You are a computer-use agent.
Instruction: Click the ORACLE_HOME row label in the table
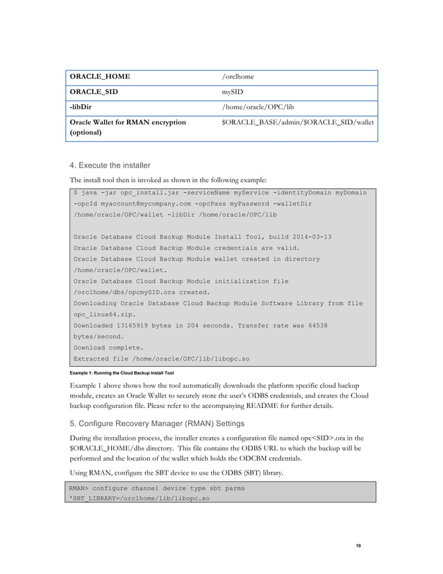[x=99, y=76]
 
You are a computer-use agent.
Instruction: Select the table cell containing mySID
[x=233, y=91]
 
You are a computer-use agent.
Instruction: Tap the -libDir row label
[x=82, y=106]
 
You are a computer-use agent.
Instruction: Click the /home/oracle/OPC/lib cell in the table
[x=258, y=106]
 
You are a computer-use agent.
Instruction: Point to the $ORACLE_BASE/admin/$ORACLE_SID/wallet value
[x=297, y=122]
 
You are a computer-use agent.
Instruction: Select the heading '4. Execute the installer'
[x=110, y=165]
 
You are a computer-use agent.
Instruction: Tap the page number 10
[x=358, y=546]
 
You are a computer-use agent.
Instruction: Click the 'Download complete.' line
[x=108, y=347]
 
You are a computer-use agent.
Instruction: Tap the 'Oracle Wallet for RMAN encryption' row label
[x=128, y=122]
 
